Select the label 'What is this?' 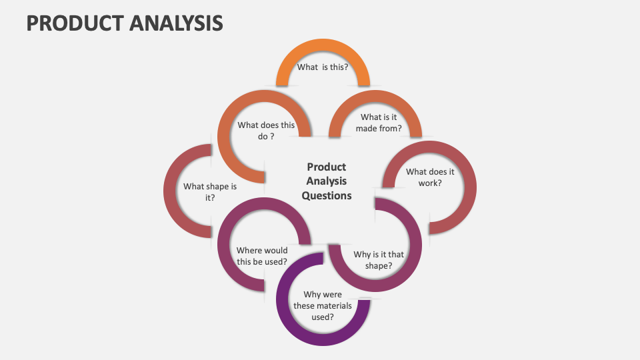pyautogui.click(x=323, y=67)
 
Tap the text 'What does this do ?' pyautogui.click(x=266, y=130)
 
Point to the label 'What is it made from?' pyautogui.click(x=378, y=123)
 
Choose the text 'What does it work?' pyautogui.click(x=430, y=177)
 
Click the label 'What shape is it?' pyautogui.click(x=210, y=192)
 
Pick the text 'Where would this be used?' pyautogui.click(x=262, y=256)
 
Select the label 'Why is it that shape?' pyautogui.click(x=378, y=260)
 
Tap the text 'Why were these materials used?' pyautogui.click(x=323, y=305)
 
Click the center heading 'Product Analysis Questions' pyautogui.click(x=327, y=181)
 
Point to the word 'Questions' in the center pyautogui.click(x=327, y=196)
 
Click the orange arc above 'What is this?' pyautogui.click(x=323, y=49)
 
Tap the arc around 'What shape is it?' pyautogui.click(x=171, y=191)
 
